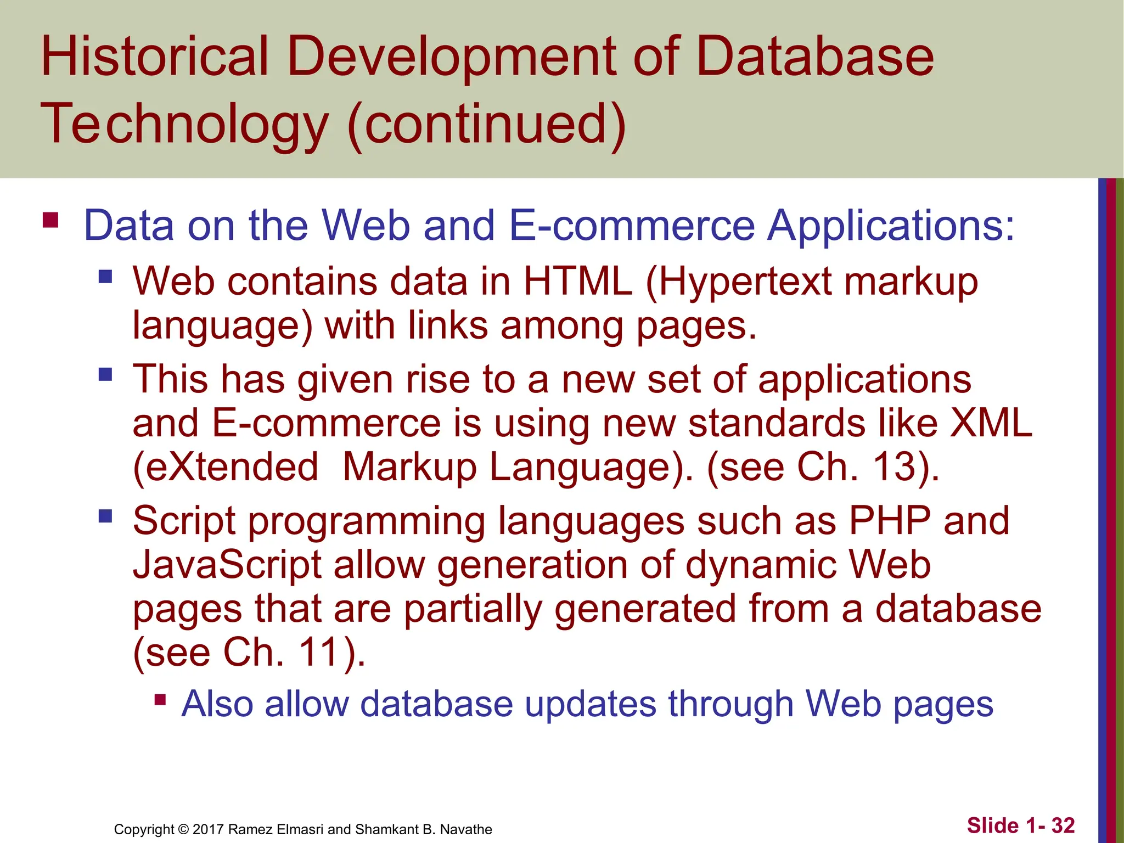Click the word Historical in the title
point(154,57)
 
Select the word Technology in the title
point(184,125)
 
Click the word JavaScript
point(227,565)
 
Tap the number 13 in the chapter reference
point(895,467)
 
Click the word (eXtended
point(226,467)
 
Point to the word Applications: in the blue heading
point(890,226)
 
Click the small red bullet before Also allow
point(160,700)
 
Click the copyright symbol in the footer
point(183,829)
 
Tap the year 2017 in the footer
point(208,829)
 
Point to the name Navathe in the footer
point(466,829)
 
